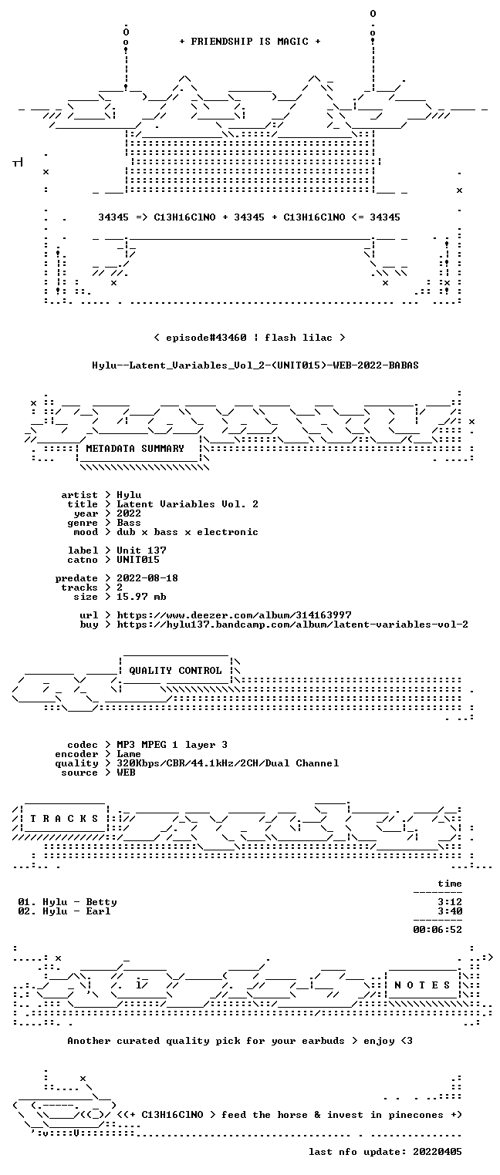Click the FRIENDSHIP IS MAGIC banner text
(x=249, y=42)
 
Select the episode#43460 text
(x=206, y=337)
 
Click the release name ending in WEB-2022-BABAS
(x=255, y=365)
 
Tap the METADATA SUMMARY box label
(x=135, y=449)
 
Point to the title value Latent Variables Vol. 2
(x=187, y=504)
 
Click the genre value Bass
(x=129, y=523)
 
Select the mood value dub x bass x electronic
(x=187, y=532)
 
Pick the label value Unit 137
(x=141, y=550)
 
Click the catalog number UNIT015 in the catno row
(x=138, y=560)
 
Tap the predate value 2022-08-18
(x=147, y=578)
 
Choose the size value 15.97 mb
(x=141, y=597)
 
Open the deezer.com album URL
(x=234, y=614)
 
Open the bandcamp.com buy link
(x=292, y=625)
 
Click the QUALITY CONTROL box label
(x=175, y=670)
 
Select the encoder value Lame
(x=129, y=754)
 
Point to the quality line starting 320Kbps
(x=228, y=763)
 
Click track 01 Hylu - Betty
(x=67, y=902)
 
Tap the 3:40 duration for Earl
(x=450, y=911)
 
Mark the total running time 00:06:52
(x=437, y=930)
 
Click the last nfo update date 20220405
(x=437, y=1152)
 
